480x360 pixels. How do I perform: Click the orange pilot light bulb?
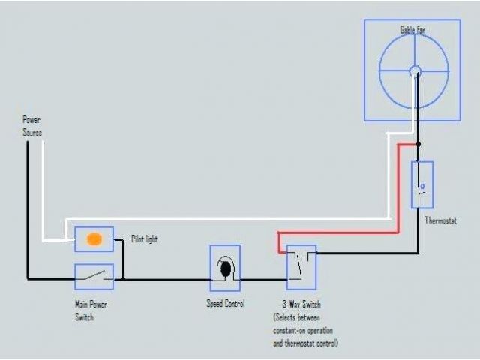(x=94, y=240)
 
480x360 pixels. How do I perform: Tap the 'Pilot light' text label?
(x=144, y=239)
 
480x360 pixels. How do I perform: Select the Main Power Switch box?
(x=94, y=277)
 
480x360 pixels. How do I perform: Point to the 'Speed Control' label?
(x=226, y=303)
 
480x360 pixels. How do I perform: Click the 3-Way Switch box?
(x=301, y=266)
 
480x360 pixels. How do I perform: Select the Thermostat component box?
(x=422, y=184)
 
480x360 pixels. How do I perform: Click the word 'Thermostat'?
(x=442, y=220)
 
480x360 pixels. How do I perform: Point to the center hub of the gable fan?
(x=415, y=71)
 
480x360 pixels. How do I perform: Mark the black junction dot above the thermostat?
(x=418, y=144)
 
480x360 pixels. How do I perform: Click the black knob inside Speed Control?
(x=225, y=267)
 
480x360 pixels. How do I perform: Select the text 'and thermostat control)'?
(x=305, y=343)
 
